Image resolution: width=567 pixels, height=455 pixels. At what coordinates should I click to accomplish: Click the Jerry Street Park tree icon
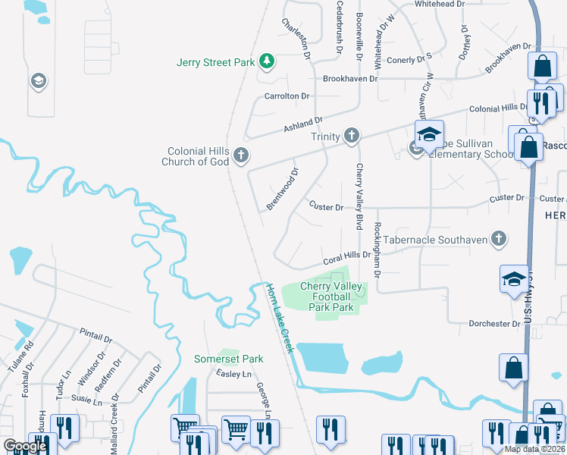tap(266, 61)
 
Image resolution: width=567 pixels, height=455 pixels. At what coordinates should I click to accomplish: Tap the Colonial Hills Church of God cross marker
tap(241, 155)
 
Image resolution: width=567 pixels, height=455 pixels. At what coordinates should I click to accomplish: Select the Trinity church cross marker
tap(351, 136)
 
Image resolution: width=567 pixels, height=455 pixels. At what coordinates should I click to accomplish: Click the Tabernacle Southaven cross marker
tap(498, 239)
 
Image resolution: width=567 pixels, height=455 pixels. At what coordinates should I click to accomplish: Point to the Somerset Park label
tap(228, 359)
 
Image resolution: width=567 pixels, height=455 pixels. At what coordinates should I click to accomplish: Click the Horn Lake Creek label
tap(279, 318)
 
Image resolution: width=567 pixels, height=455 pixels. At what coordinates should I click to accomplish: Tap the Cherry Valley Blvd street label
tap(359, 196)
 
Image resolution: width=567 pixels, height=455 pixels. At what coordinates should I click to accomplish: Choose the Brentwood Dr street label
tap(283, 190)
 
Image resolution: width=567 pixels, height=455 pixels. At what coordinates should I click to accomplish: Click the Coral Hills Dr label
tap(346, 257)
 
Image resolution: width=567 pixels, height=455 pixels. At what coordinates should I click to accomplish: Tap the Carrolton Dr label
tap(287, 96)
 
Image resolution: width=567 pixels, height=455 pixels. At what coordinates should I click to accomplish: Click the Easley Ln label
tap(233, 374)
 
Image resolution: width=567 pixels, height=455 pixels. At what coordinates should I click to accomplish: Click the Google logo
tap(24, 446)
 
